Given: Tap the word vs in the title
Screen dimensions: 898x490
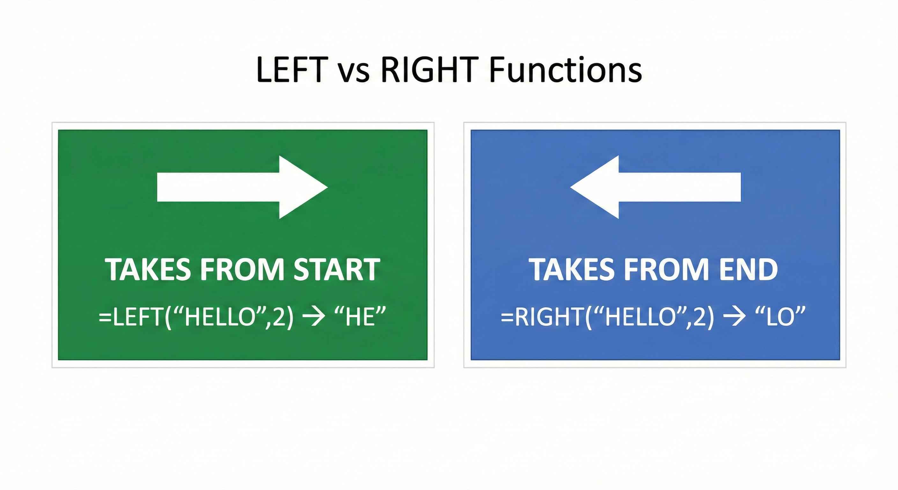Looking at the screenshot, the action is pyautogui.click(x=354, y=73).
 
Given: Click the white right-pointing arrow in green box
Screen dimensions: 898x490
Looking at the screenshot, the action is pyautogui.click(x=242, y=187).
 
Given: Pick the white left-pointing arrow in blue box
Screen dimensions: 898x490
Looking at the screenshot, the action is pyautogui.click(x=655, y=187).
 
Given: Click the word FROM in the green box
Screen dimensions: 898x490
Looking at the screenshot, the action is pyautogui.click(x=243, y=270).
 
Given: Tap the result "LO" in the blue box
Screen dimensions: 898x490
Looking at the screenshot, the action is pyautogui.click(x=780, y=317).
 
